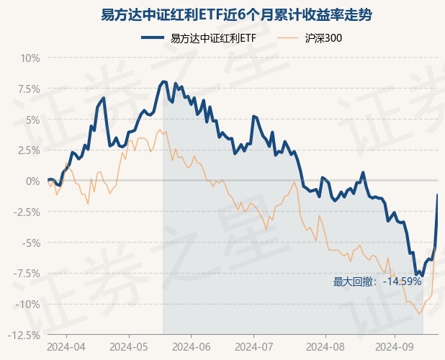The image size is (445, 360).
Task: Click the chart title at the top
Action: (x=223, y=14)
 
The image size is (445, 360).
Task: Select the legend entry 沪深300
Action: (x=323, y=38)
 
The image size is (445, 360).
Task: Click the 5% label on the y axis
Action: (x=32, y=120)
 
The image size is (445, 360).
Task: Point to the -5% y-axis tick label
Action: (x=30, y=243)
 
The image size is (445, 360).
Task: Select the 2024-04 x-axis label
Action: (x=67, y=346)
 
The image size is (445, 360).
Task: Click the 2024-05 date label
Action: (x=129, y=346)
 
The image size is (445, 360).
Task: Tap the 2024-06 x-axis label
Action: (x=192, y=346)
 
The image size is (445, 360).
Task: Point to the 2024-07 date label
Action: (x=257, y=346)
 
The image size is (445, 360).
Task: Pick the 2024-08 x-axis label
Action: (x=325, y=346)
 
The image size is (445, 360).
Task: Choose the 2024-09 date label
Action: (x=395, y=346)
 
